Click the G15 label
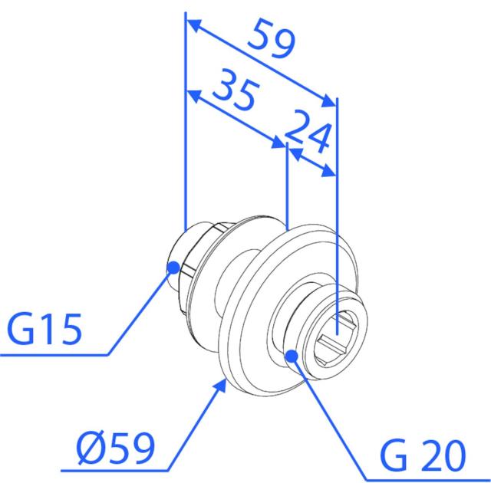pyautogui.click(x=44, y=329)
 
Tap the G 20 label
pyautogui.click(x=423, y=456)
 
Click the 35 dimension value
pyautogui.click(x=236, y=90)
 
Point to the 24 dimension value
pyautogui.click(x=308, y=131)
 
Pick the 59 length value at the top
pyautogui.click(x=271, y=38)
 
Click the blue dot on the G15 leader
pyautogui.click(x=173, y=268)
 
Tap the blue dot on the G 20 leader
pyautogui.click(x=292, y=356)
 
